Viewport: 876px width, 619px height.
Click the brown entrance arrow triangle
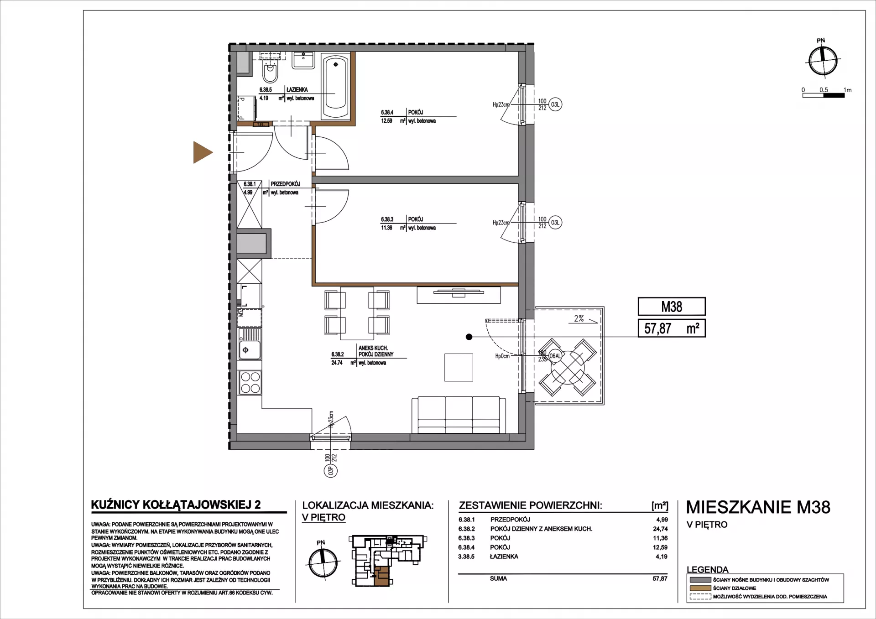pos(202,152)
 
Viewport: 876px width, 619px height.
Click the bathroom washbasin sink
pos(303,60)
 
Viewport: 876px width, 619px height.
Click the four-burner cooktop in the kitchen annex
pos(250,383)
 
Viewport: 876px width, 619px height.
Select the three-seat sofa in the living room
pos(459,415)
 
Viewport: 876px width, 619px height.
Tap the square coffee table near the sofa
pos(459,367)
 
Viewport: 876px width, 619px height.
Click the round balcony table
pos(568,367)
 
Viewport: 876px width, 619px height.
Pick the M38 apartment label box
pos(672,307)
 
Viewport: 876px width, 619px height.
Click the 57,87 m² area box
pos(672,328)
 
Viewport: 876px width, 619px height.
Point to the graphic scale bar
pos(824,95)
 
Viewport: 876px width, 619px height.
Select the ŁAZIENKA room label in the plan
pos(297,90)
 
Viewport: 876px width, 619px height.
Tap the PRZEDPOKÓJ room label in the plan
pos(286,184)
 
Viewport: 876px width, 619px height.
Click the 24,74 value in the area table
pos(660,529)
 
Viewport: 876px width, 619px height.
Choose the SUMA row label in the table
pos(498,578)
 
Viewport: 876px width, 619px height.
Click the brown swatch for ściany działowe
pos(700,588)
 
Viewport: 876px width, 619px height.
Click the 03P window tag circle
pos(331,470)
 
